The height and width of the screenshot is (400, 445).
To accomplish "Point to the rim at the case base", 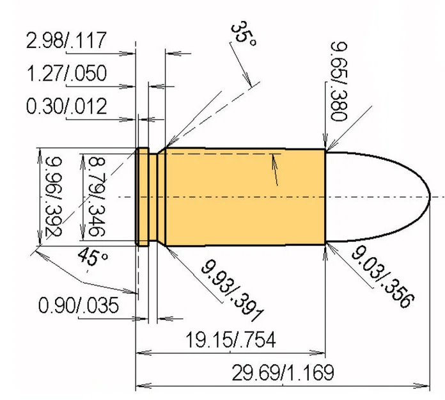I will click(x=143, y=196).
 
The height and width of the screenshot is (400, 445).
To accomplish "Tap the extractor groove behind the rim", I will click(x=153, y=196).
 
